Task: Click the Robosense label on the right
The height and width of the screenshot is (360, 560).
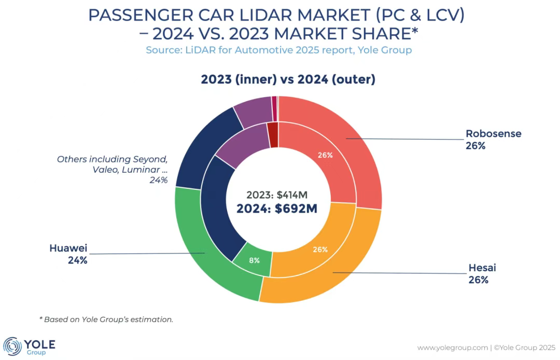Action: (493, 134)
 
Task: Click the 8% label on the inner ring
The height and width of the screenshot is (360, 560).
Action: (254, 260)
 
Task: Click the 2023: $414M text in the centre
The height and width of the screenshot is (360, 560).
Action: (277, 195)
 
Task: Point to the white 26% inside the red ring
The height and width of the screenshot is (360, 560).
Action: (325, 155)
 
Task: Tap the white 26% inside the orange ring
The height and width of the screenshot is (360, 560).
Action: (320, 250)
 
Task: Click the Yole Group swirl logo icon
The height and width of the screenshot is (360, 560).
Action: (12, 346)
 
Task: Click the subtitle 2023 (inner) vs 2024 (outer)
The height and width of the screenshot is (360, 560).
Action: (288, 80)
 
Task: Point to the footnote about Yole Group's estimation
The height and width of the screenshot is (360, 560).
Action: (106, 320)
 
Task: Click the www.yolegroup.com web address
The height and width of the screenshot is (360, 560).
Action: (452, 347)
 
